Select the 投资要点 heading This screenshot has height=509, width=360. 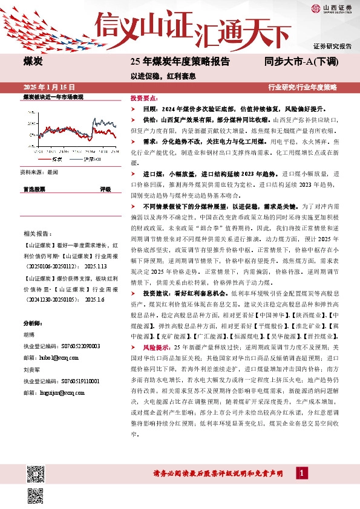[143, 98]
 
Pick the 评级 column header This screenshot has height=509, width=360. [105, 189]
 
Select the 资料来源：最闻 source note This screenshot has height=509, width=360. [39, 172]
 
